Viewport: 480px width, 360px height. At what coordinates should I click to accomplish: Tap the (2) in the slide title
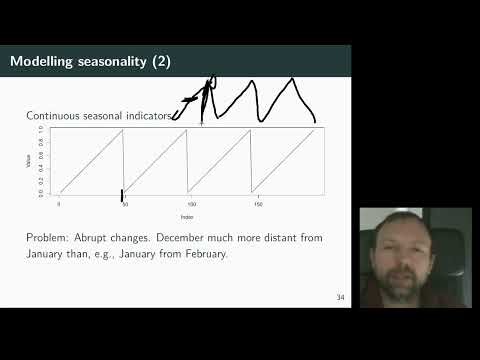coord(161,62)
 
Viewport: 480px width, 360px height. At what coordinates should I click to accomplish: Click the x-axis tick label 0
coord(59,204)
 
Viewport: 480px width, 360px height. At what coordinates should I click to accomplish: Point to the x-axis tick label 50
coord(125,204)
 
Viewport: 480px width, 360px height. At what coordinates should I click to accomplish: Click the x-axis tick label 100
coord(191,204)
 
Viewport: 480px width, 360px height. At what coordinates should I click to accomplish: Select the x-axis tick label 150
coord(257,204)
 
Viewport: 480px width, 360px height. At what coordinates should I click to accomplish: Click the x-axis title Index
coord(186,215)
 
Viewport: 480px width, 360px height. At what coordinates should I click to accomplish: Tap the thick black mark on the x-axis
coord(122,195)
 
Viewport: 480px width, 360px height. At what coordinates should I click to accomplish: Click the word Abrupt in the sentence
coord(100,239)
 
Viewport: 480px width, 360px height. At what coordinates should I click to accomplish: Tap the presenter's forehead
coord(402,228)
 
